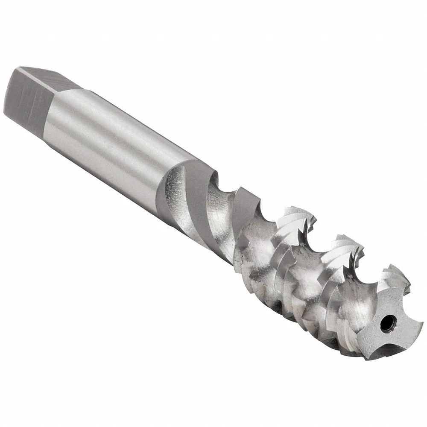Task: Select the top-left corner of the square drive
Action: [19, 68]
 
